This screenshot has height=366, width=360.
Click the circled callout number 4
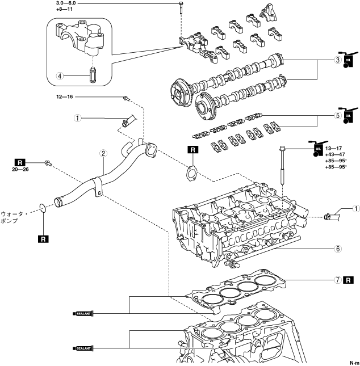point(60,76)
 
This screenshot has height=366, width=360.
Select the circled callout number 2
point(103,153)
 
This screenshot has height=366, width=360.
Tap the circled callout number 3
point(338,60)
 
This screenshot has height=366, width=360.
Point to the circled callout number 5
point(338,116)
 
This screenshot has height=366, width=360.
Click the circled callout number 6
point(338,249)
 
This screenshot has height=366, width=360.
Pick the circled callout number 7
point(338,280)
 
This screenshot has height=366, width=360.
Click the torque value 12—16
point(65,96)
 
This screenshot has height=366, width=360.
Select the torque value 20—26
point(20,169)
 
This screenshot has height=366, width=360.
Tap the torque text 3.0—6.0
point(66,3)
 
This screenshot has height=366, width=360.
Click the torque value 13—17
point(333,148)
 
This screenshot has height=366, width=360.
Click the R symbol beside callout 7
point(348,280)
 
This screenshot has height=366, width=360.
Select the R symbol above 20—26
point(20,162)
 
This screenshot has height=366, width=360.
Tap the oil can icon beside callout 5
point(349,115)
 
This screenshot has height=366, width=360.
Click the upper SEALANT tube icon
point(83,313)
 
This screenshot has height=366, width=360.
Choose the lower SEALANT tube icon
point(83,348)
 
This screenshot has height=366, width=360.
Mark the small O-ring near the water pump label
point(42,208)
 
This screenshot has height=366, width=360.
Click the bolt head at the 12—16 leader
point(125,98)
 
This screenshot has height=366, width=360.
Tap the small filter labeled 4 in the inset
point(93,74)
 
